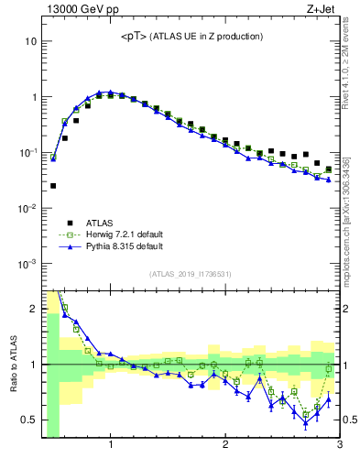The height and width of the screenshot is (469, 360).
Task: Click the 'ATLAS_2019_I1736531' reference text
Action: click(x=190, y=274)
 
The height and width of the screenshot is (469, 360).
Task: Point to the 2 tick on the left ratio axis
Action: click(x=35, y=309)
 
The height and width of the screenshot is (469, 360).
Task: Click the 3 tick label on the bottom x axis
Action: click(x=339, y=445)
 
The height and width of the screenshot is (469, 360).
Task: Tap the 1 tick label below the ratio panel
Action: click(x=111, y=445)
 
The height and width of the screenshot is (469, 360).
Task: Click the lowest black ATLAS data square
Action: click(x=53, y=186)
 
